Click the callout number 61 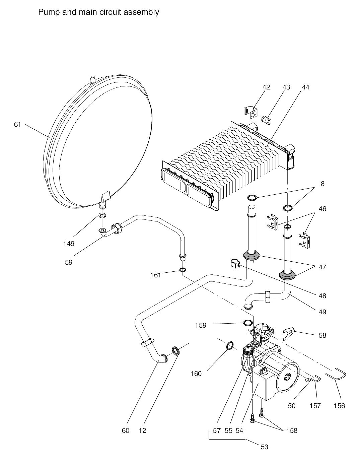(17, 124)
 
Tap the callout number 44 (305, 87)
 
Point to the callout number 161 (156, 275)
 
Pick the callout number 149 (69, 244)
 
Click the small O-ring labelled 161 (183, 270)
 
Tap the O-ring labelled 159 (248, 328)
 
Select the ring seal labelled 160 (230, 345)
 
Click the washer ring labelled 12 (176, 351)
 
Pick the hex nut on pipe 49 (268, 297)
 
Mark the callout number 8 (322, 184)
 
